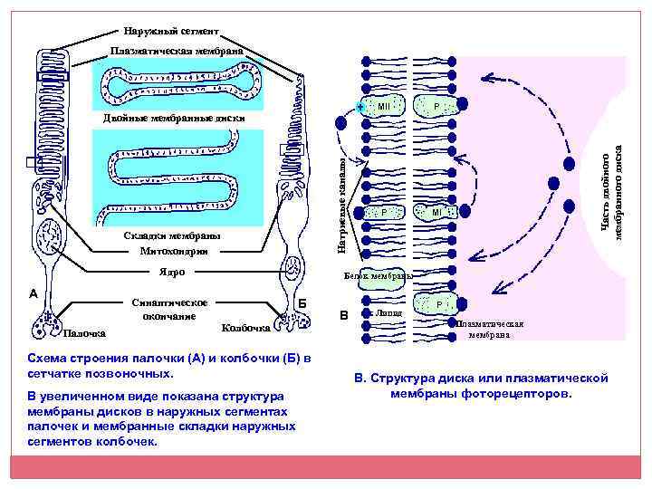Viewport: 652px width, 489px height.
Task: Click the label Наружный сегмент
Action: (x=171, y=31)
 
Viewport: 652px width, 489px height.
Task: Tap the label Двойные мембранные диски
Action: (x=174, y=118)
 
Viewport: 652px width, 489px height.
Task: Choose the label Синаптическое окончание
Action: (x=169, y=309)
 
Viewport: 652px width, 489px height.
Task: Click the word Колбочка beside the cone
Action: (x=245, y=328)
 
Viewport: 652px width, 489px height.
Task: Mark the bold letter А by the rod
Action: (x=34, y=293)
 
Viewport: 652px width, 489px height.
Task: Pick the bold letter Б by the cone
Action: (x=302, y=302)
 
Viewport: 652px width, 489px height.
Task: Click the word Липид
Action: (x=390, y=312)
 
